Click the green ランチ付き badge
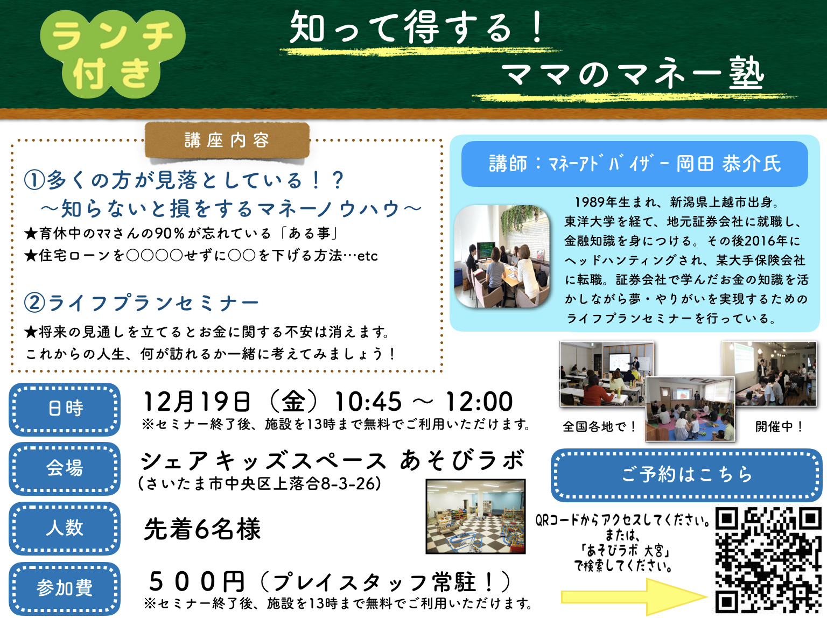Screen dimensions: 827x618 [113, 54]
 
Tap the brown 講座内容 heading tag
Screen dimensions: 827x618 [227, 140]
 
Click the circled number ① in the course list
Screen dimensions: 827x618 [34, 180]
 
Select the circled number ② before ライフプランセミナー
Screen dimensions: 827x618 [34, 303]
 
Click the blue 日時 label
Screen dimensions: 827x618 [65, 409]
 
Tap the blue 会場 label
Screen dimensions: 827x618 [65, 468]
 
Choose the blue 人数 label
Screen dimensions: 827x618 [65, 528]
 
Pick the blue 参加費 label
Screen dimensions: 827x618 [65, 588]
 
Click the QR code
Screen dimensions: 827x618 [768, 560]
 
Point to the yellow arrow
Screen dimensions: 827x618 [634, 596]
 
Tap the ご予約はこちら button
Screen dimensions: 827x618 [686, 474]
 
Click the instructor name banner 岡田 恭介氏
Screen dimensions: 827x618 [634, 164]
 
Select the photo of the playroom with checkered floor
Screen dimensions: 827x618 [475, 516]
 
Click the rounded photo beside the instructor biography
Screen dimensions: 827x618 [502, 256]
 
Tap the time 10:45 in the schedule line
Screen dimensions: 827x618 [368, 402]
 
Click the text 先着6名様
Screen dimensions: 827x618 [202, 529]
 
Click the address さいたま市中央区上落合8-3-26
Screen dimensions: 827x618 [260, 483]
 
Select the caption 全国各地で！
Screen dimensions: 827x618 [599, 427]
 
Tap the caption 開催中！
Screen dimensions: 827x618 [779, 427]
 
